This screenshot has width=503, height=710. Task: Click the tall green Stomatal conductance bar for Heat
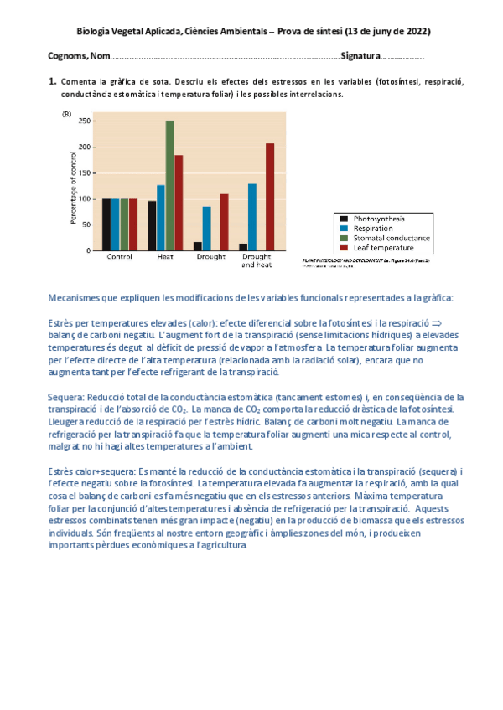click(x=169, y=185)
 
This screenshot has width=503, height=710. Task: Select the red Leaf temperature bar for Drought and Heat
click(x=270, y=197)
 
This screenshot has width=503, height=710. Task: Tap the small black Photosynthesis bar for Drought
click(x=198, y=246)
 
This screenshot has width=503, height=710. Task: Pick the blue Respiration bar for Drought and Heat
click(x=252, y=217)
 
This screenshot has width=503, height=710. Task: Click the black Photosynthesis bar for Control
click(x=106, y=224)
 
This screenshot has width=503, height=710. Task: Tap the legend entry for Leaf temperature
click(x=384, y=248)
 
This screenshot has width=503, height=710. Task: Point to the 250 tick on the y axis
click(x=82, y=121)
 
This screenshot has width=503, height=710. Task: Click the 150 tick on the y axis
click(x=82, y=172)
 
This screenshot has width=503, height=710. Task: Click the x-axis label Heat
click(x=165, y=257)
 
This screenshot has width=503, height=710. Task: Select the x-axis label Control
click(x=119, y=257)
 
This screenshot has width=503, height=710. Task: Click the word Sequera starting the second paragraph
click(x=67, y=397)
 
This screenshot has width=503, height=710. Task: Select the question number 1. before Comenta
click(x=53, y=82)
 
